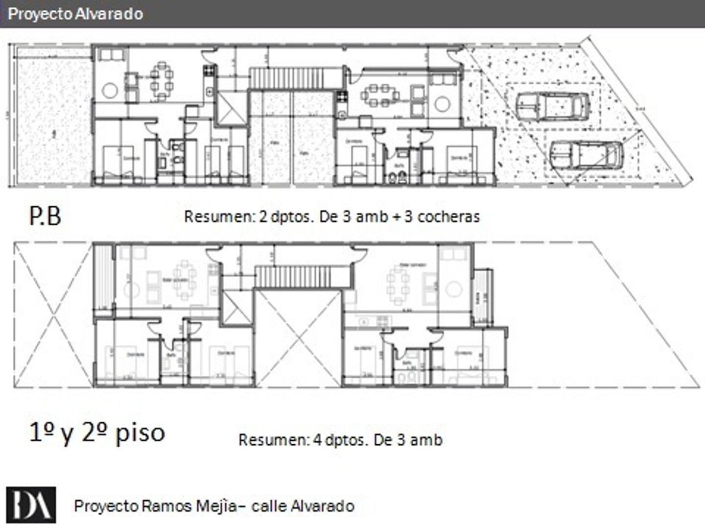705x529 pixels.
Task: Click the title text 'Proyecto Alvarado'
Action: coord(75,14)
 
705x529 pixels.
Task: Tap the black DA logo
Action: coord(31,505)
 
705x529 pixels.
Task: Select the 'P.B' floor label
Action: coord(45,216)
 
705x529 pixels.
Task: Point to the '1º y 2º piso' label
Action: coord(97,433)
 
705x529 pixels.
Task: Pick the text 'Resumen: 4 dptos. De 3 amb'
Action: coord(340,440)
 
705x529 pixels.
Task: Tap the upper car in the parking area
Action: coord(553,106)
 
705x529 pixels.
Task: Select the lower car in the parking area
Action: coord(586,155)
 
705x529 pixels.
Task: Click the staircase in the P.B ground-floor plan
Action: coord(287,78)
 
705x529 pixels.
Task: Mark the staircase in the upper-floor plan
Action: coord(293,277)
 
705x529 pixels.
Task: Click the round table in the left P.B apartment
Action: coord(110,91)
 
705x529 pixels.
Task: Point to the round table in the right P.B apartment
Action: coord(442,104)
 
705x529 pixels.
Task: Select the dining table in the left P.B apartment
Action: coord(162,80)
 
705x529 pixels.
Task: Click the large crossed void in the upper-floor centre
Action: coord(298,338)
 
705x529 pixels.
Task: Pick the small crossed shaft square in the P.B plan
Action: coord(229,108)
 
